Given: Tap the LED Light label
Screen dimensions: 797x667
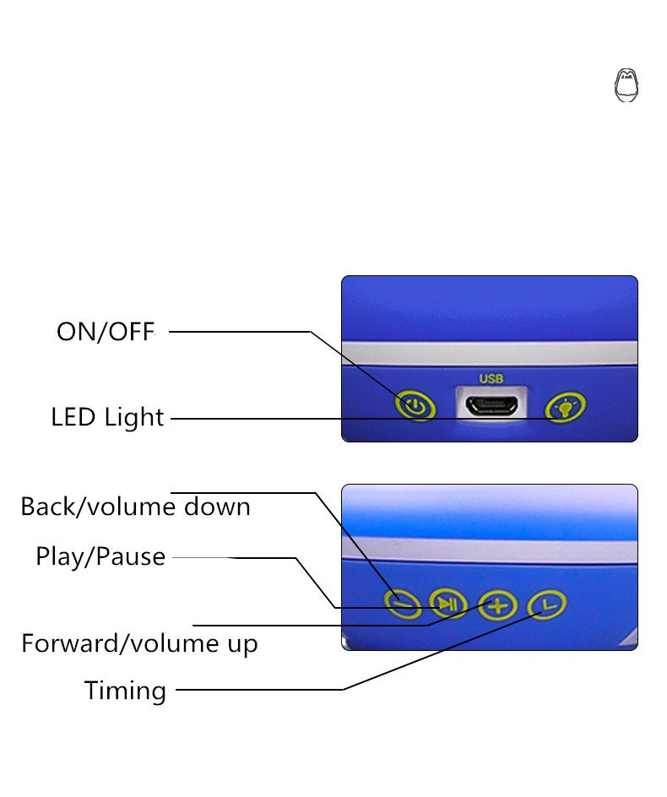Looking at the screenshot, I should coord(107,417).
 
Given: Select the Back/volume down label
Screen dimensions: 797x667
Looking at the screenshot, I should coord(135,507).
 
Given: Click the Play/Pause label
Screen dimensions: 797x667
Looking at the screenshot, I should coord(100,557).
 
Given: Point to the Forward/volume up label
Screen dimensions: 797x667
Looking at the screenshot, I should coord(139,644).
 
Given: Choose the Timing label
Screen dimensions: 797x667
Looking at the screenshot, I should coord(125,691).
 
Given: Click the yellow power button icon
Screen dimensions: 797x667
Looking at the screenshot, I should coord(415,407).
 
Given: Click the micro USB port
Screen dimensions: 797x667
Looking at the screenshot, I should coord(491,405).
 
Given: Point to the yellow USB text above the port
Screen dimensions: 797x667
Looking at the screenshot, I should coord(491,379).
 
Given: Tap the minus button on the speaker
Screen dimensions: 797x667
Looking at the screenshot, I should coord(402,603).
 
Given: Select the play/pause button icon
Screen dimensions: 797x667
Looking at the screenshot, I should coord(448,603).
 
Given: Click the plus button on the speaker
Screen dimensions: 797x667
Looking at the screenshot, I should coord(498,605).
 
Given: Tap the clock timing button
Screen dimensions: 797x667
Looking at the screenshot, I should coord(547,605).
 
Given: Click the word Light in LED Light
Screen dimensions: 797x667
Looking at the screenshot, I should coord(134,417).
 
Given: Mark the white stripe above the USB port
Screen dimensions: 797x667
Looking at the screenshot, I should coord(490,353).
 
